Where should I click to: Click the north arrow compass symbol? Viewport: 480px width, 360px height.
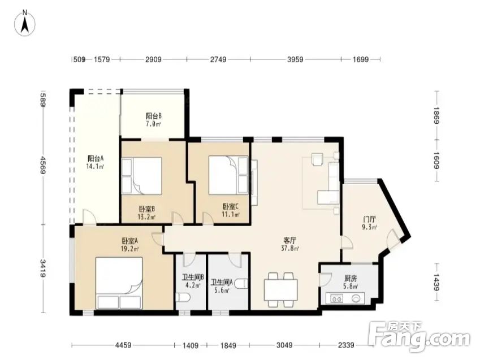coord(25,23)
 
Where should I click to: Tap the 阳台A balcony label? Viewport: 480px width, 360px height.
coord(95,159)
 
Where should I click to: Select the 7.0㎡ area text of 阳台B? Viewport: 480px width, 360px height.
coord(153,124)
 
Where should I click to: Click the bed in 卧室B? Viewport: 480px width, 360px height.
coord(142,176)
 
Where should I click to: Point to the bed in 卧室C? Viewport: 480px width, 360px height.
coord(228,175)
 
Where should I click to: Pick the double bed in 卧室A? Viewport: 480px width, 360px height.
coord(119,283)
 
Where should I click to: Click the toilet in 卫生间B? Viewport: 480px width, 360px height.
coord(183,297)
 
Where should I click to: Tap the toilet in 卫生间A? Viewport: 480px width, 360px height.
coord(241,284)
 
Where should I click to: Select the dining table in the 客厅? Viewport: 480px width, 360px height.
coord(281,289)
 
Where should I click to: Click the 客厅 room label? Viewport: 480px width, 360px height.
coord(289,240)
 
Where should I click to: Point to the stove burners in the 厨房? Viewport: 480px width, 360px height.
coord(337,298)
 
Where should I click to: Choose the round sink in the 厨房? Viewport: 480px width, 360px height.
coord(356,298)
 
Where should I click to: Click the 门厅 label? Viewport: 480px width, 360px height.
coord(369,219)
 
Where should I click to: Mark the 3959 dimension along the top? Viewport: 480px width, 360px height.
coord(295,59)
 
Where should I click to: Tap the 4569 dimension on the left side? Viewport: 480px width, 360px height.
coord(43,165)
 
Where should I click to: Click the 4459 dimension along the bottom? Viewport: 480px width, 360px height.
coord(123,345)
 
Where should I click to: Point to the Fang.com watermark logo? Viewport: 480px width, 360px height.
coord(419,336)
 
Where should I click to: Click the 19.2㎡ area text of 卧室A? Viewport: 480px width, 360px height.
coord(130,249)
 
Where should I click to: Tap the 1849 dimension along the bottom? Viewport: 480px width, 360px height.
coord(228,346)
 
